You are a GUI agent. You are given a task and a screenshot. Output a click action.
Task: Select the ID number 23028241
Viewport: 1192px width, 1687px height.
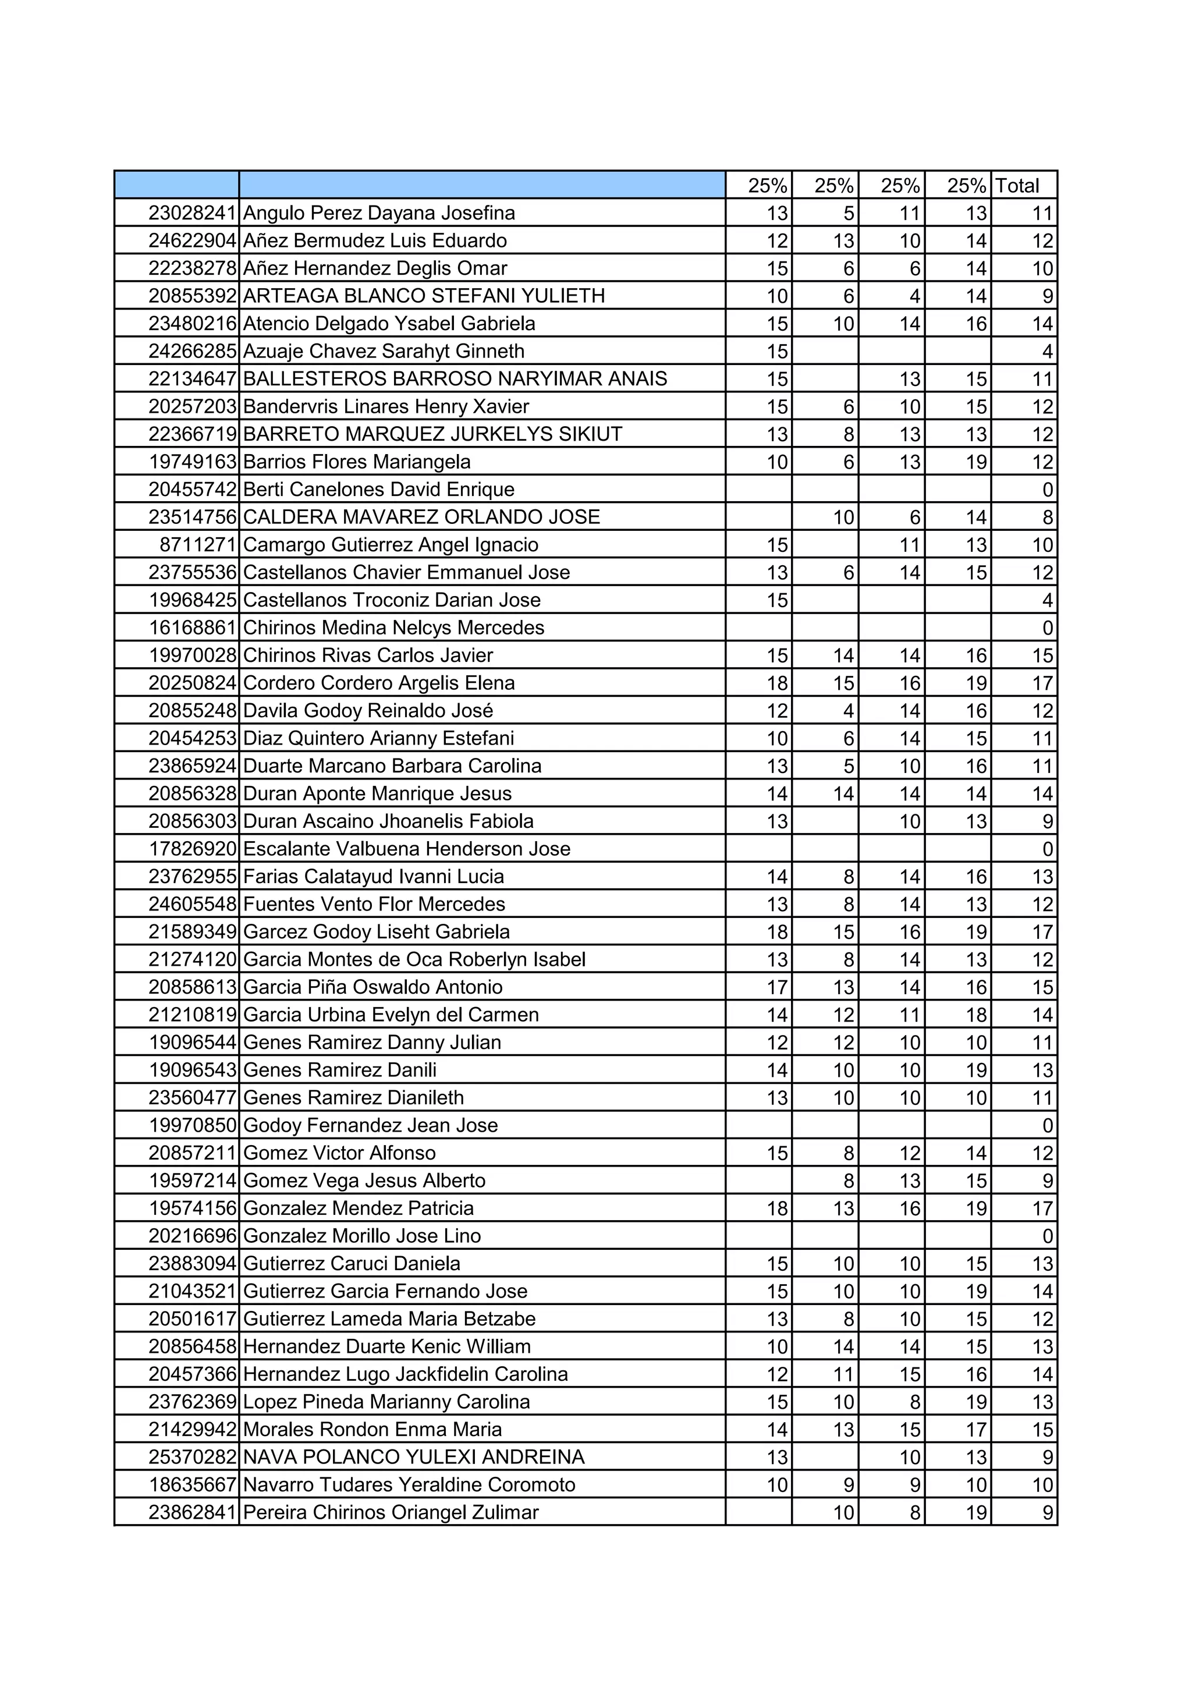pos(191,213)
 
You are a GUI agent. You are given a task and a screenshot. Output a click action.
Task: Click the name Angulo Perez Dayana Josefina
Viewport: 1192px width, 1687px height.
pos(379,213)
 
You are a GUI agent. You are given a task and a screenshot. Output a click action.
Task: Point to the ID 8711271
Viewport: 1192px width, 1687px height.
pos(197,544)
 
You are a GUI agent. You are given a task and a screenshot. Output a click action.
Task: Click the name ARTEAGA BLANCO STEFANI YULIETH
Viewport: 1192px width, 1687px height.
pos(424,296)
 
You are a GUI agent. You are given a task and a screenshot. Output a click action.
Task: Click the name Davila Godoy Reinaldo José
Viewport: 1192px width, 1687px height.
pos(368,711)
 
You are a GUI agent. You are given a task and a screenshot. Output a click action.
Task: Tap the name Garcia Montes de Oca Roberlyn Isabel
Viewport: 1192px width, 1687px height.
pos(414,959)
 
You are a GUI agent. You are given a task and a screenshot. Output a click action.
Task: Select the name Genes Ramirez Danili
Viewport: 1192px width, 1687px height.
pos(340,1070)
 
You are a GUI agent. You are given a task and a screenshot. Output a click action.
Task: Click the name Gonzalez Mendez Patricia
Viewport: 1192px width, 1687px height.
pos(359,1208)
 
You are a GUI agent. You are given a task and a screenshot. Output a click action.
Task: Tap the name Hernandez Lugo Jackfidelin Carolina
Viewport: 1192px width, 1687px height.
pos(406,1374)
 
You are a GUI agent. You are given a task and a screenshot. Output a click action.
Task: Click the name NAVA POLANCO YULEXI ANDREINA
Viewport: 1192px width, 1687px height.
pos(413,1457)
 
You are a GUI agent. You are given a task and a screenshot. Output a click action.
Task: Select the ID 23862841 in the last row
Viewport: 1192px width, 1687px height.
pos(191,1512)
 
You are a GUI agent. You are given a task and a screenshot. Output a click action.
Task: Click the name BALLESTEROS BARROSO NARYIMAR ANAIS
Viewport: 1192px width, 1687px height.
pos(455,379)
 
